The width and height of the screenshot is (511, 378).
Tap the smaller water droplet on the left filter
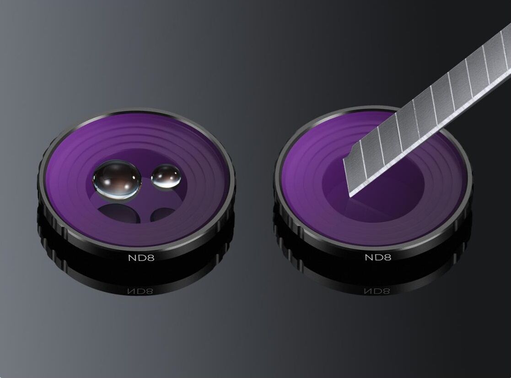tap(166, 176)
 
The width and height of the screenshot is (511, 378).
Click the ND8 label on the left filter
tap(141, 258)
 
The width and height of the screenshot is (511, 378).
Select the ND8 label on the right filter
tap(378, 258)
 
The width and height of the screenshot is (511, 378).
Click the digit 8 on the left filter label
tap(150, 258)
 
